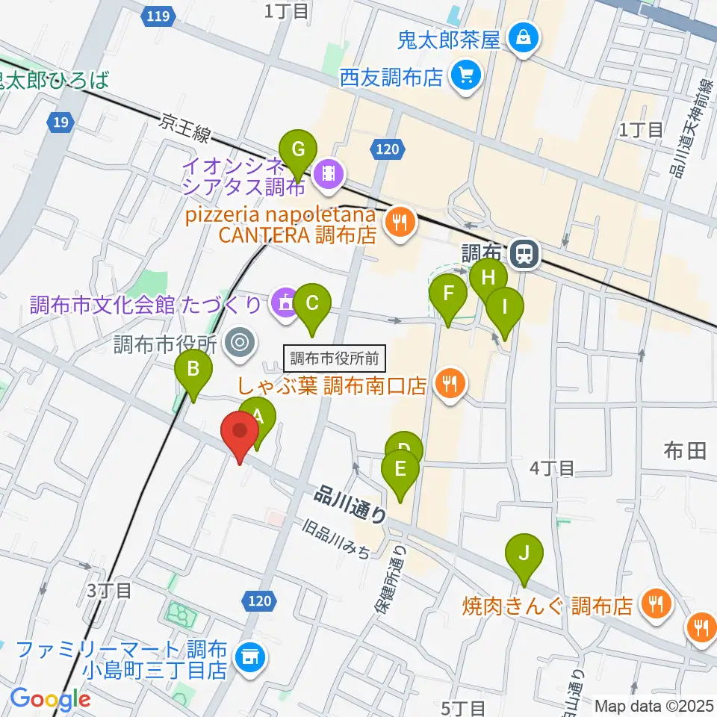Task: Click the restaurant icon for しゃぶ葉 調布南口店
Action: [x=450, y=385]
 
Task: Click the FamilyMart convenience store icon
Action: [x=248, y=657]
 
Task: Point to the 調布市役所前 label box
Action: [x=335, y=358]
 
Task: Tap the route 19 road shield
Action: [x=61, y=122]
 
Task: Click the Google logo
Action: [x=50, y=699]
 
